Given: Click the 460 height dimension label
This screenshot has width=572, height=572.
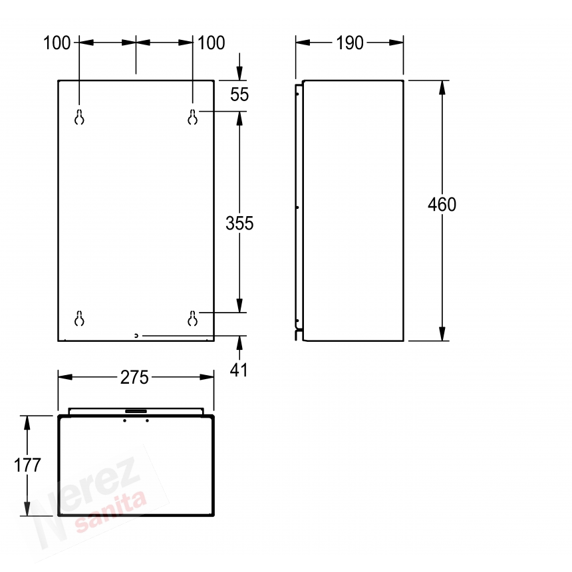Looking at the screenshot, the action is [x=442, y=204].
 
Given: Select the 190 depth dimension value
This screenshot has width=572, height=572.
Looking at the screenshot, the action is [x=349, y=43].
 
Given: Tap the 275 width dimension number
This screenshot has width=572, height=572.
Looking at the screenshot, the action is [x=134, y=377].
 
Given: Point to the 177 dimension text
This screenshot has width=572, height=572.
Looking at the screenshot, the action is [x=27, y=465].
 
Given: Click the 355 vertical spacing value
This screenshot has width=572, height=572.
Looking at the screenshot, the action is [x=239, y=223].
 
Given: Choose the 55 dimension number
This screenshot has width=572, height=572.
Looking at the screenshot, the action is [x=239, y=94].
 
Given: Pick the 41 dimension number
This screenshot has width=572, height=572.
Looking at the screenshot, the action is [x=239, y=370].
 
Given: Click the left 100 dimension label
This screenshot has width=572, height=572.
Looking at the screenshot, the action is [x=57, y=43].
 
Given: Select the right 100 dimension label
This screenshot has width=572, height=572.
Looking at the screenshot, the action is [x=212, y=43].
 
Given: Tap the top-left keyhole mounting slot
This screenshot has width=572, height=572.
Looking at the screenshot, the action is [x=79, y=117].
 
